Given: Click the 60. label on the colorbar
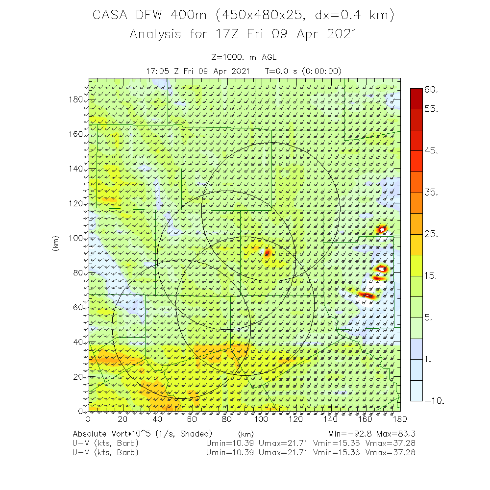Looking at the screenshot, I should point(432,90).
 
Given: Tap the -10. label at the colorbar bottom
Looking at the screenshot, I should point(435,401).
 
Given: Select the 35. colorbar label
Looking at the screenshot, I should point(432,193).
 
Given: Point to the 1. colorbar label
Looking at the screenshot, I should point(428,359).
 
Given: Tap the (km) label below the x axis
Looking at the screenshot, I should point(245,434).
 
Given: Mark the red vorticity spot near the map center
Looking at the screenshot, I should point(267,253).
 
